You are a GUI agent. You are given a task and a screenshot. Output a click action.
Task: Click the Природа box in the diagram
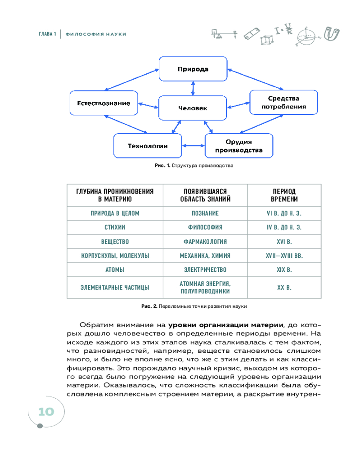(193, 69)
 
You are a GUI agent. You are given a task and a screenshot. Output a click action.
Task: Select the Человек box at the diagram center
(193, 108)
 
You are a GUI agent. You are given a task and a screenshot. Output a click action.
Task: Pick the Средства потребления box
(283, 103)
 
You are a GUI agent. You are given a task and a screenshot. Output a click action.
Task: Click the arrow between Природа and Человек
(193, 89)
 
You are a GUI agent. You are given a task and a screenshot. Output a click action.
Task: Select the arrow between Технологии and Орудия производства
(193, 146)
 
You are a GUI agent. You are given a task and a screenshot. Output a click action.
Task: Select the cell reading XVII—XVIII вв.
(283, 256)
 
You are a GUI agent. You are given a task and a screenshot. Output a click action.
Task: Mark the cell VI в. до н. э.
(283, 213)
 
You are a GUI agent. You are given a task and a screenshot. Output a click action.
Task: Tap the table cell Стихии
(115, 227)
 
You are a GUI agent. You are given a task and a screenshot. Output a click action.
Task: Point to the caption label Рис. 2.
(148, 306)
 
